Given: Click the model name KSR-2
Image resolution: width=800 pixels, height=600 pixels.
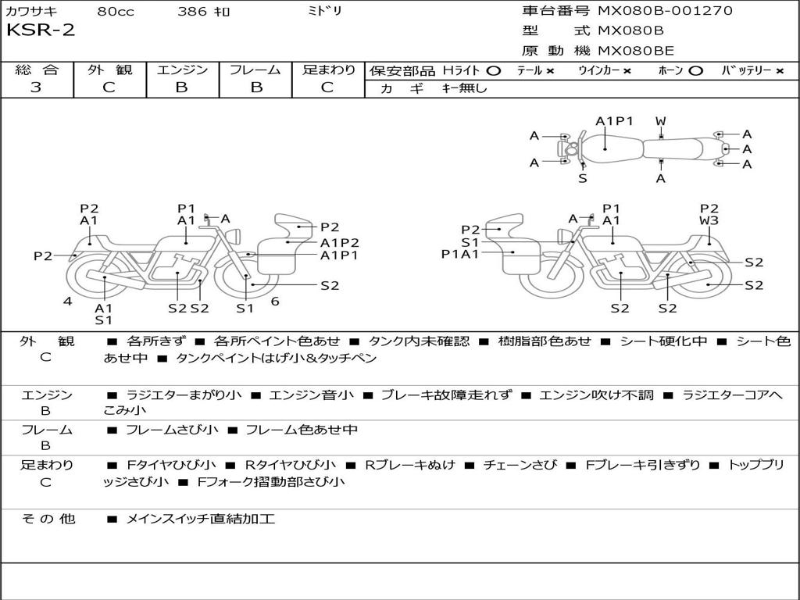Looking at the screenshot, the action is click(41, 30).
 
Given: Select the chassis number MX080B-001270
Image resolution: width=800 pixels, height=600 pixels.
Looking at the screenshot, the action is click(665, 10).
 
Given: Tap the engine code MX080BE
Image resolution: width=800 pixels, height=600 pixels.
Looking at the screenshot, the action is click(636, 51).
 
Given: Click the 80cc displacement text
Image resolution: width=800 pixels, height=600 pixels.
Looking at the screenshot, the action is click(116, 11).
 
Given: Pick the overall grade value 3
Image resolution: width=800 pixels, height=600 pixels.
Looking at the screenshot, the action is click(36, 87).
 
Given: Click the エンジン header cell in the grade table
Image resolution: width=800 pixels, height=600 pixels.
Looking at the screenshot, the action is click(182, 70).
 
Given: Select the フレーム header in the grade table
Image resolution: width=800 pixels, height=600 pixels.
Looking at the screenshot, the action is click(255, 70).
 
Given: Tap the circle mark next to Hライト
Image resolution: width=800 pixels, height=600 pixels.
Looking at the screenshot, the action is click(494, 71).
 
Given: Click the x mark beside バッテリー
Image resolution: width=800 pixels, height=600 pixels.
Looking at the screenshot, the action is click(779, 71).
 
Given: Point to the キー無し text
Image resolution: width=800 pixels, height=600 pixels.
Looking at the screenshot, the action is click(464, 87).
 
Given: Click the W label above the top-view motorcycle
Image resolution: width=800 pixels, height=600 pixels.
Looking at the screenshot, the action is click(661, 121).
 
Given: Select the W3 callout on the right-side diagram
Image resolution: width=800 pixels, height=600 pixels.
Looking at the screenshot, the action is click(709, 220).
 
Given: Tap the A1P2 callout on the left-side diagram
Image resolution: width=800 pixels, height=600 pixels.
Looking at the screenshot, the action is click(340, 243).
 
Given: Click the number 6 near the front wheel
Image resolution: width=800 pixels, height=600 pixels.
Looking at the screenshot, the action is click(275, 302).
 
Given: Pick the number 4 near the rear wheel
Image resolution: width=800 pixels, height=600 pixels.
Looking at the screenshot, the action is click(68, 302).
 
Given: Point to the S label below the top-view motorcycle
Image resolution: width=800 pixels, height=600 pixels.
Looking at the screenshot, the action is click(583, 179).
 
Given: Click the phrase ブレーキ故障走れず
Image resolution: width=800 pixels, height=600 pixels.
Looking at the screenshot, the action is click(446, 395).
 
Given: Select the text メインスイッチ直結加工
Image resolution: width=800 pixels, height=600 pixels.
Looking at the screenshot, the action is click(201, 519).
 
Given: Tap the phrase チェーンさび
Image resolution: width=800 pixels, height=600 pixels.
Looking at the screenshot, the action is click(520, 465).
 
